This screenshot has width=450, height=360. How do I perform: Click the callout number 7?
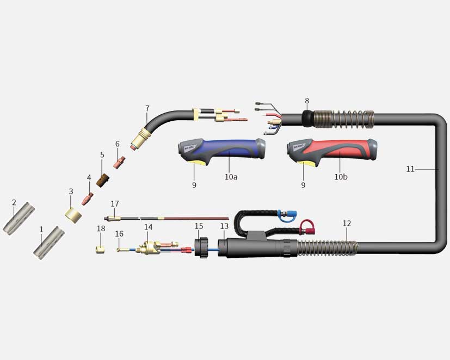147,108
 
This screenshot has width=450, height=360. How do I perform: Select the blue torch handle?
221,151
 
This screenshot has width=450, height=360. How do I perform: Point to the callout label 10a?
231,177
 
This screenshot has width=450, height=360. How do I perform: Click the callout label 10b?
341,177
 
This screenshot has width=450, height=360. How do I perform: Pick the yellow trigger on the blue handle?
198,163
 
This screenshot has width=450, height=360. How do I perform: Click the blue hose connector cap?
287,216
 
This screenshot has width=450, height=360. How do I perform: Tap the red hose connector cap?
307,227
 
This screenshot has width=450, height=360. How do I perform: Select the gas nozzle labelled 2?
19,219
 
